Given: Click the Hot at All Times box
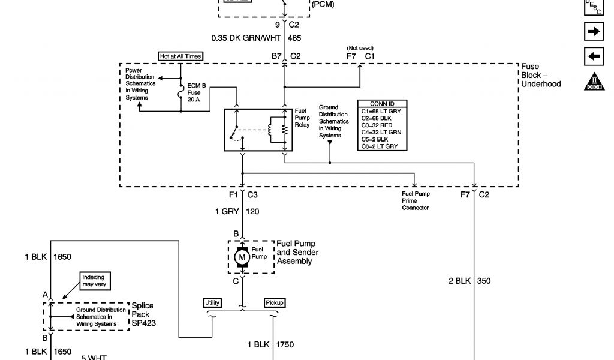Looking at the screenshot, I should click(x=180, y=56).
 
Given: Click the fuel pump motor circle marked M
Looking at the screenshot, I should click(x=242, y=257).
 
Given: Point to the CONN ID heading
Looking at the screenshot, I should click(x=382, y=104).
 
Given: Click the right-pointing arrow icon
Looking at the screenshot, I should click(x=593, y=31).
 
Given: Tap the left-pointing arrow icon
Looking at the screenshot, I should click(x=593, y=56).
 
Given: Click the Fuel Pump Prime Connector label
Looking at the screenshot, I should click(x=416, y=200).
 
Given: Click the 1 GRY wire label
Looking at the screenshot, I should click(x=227, y=211).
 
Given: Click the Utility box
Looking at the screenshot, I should click(x=212, y=303).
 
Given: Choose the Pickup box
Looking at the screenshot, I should click(x=273, y=303).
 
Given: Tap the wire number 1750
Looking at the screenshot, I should click(x=285, y=345).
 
